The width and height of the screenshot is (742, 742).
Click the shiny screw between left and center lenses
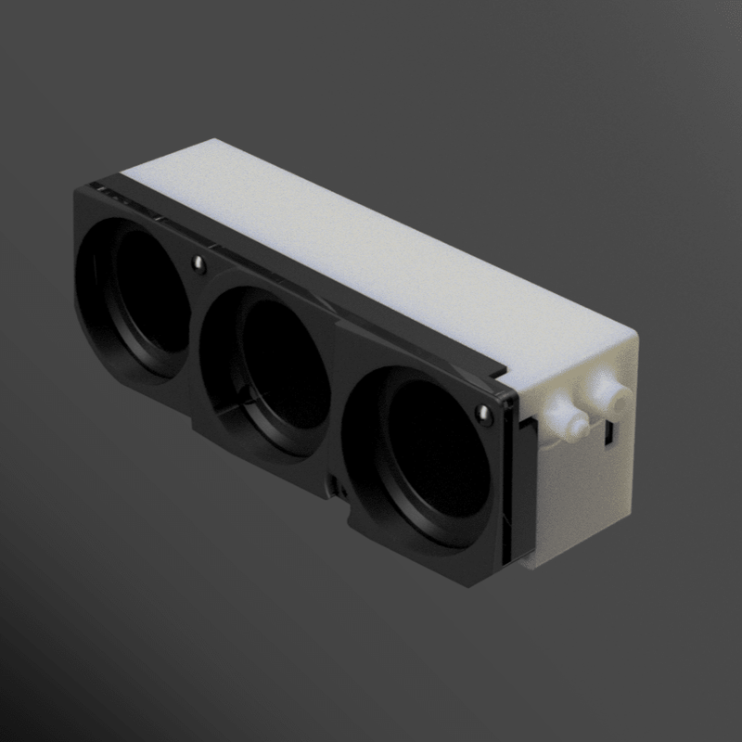click(198, 264)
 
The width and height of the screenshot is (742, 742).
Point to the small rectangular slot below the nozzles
click(609, 435)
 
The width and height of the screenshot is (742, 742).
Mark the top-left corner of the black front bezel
click(78, 190)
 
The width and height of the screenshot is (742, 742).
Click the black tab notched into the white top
click(506, 371)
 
